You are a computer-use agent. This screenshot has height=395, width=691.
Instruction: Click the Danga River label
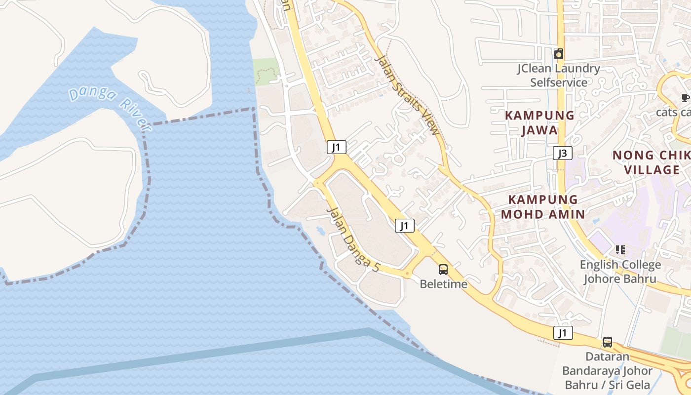click(110, 108)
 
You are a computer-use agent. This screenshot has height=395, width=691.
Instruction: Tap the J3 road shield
click(562, 153)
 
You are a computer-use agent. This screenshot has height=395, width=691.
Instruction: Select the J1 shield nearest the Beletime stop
click(404, 226)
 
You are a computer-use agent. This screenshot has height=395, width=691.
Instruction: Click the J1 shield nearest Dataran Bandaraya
click(563, 333)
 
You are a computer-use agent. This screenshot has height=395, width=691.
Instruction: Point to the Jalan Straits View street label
click(407, 95)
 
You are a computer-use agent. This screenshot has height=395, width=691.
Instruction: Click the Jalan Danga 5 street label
click(353, 240)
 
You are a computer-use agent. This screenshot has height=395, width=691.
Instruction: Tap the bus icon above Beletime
click(443, 270)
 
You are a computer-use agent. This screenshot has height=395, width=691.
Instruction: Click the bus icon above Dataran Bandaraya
click(608, 342)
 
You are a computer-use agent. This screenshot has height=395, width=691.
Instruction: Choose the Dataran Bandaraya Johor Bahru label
click(607, 370)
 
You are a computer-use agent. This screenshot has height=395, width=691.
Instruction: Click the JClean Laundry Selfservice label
click(559, 76)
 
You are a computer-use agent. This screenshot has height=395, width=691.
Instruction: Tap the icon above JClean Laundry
click(559, 54)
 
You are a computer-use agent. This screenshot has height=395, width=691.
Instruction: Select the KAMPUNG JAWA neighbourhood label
click(539, 122)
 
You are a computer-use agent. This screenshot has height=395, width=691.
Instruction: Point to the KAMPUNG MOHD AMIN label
click(543, 206)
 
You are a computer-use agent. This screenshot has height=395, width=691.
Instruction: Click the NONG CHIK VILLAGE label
click(652, 162)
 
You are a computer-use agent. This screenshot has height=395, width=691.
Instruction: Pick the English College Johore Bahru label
click(620, 272)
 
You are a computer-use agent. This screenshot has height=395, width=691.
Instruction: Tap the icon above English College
click(620, 250)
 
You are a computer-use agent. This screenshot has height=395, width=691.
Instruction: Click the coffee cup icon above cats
click(685, 98)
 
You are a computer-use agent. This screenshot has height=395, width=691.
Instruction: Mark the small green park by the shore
click(266, 72)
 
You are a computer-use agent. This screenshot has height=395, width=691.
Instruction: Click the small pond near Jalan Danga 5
click(320, 230)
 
